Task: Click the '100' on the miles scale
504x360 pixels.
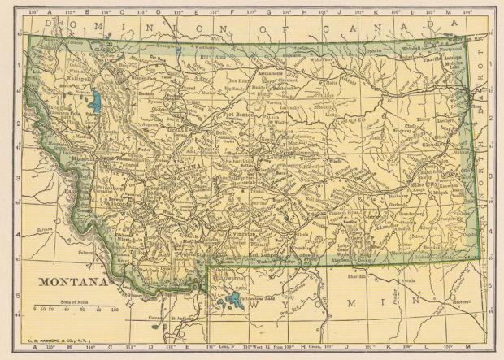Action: point(115,310)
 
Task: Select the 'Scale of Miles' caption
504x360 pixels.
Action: point(76,301)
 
